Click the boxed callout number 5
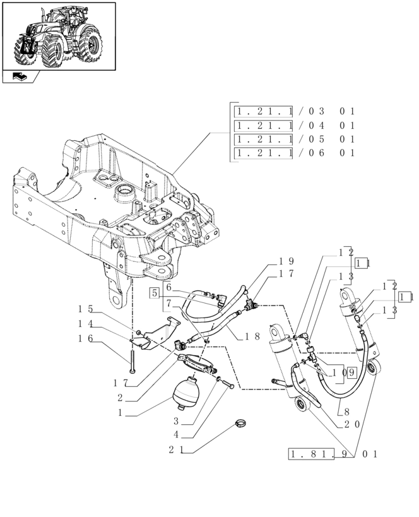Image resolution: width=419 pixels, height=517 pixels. click(x=154, y=292)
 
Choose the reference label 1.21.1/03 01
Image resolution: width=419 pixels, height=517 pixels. click(x=295, y=111)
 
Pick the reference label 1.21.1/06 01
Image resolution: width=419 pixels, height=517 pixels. click(x=295, y=153)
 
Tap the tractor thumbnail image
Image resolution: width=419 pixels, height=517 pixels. click(x=59, y=36)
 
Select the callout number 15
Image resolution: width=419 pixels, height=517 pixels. click(x=86, y=309)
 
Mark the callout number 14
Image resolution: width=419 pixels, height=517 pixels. click(x=86, y=324)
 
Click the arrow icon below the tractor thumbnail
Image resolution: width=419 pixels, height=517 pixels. click(x=19, y=78)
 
